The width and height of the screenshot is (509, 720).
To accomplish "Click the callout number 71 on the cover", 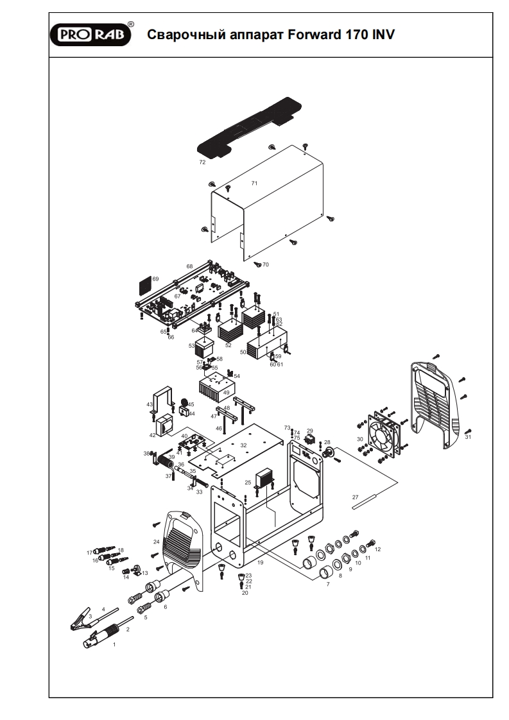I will coord(254,184).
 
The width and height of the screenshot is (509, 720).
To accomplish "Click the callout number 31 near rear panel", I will coord(468,438).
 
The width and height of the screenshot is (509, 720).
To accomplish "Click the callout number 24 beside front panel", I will coord(156,542).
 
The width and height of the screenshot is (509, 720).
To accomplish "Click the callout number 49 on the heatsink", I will coord(226,392).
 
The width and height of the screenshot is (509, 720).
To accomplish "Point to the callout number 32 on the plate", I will coord(243,445).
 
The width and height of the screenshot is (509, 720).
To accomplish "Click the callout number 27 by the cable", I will coord(355,497).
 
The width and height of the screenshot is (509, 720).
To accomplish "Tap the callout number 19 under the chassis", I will coord(261,562).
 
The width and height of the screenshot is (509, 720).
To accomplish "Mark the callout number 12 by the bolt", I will coord(378,549).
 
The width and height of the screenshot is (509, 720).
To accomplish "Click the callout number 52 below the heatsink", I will coord(228,345).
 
